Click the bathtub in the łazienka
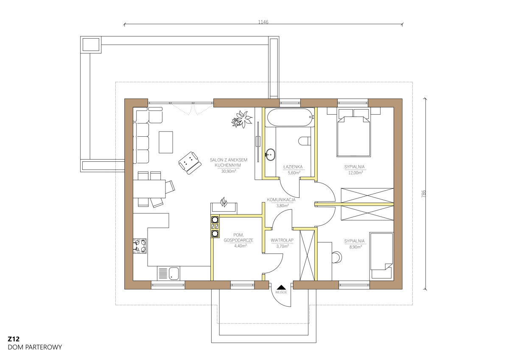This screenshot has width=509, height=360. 290,117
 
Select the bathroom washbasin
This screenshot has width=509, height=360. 270,155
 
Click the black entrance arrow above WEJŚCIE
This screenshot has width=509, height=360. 281,287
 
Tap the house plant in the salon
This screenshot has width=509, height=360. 242,119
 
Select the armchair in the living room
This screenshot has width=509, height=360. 190,163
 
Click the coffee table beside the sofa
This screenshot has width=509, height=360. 166,142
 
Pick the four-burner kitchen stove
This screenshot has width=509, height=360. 140,246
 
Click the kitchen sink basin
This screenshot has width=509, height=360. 174,273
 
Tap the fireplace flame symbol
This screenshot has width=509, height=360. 224,202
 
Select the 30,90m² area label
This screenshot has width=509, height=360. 228,171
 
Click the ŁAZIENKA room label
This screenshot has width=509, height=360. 293,167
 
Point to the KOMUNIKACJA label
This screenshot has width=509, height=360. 281,200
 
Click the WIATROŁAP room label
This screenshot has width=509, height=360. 282,240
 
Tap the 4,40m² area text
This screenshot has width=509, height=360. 241,246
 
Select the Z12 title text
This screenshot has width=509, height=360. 14,339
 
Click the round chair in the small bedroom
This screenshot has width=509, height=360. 337,257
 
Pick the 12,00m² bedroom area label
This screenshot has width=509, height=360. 355,173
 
